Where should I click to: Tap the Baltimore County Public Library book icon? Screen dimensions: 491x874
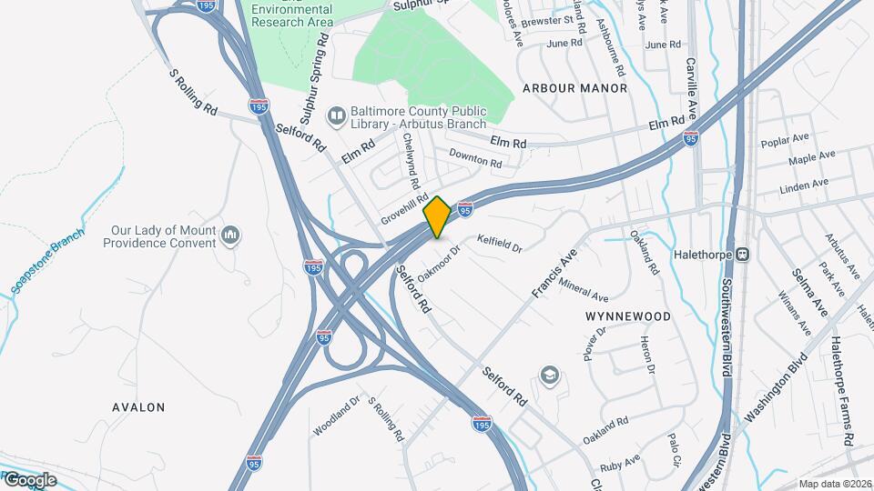(x=336, y=115)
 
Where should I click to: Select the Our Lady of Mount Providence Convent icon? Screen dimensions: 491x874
(x=231, y=236)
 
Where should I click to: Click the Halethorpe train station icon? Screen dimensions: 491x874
(x=743, y=254)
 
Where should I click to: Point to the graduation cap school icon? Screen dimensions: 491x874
(x=549, y=375)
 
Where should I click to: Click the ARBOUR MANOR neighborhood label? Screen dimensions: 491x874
(x=574, y=88)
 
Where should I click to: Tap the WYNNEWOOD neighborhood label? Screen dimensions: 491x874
(x=628, y=316)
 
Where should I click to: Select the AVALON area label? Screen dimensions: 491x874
(x=138, y=406)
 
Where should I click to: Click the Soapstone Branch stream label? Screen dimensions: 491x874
(x=47, y=261)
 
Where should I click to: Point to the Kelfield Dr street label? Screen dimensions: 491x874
(x=500, y=243)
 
